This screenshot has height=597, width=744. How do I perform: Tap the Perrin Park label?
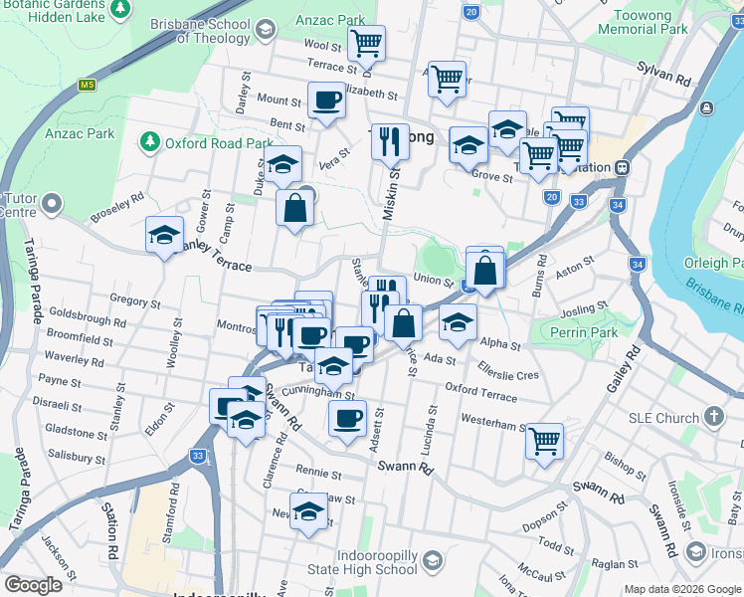coord(588,332)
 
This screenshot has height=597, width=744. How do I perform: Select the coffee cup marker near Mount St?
coord(326,99)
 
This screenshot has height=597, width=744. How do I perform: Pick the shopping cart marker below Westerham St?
coord(544,440)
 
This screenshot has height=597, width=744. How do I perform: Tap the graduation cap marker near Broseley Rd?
coord(164,235)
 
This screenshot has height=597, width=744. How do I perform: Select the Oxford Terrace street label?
coord(481,391)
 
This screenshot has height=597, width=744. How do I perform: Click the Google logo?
coord(34,585)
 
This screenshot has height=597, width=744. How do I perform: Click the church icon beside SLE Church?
coord(713,417)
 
